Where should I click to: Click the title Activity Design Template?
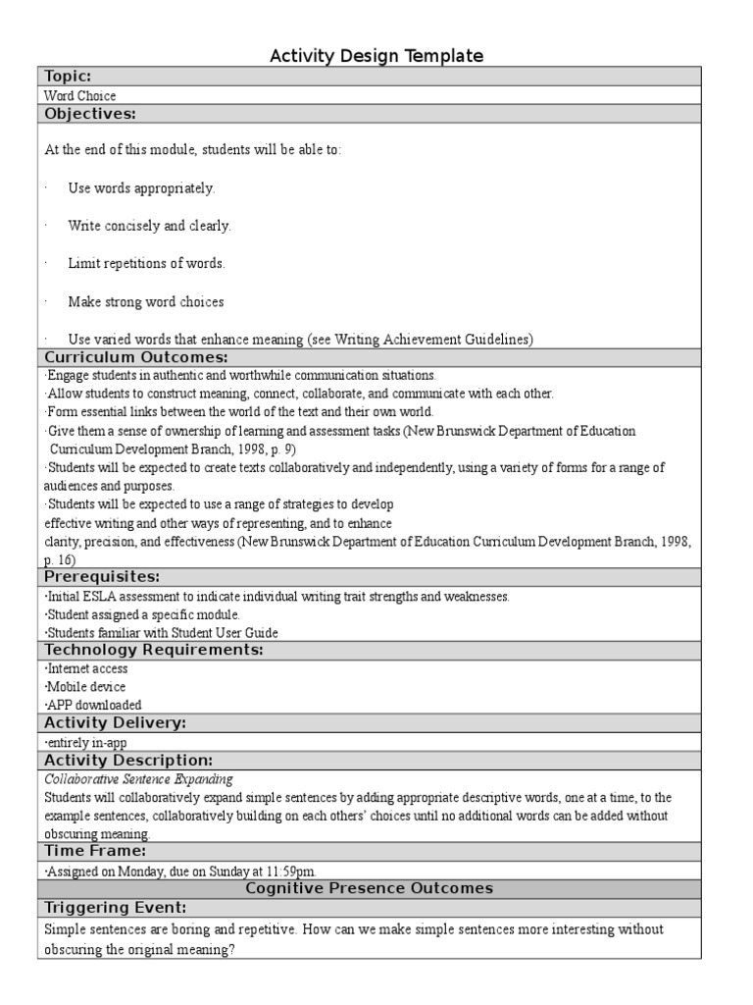[376, 56]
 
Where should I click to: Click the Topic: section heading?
[68, 77]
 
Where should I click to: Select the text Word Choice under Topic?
[80, 96]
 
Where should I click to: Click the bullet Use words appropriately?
[141, 187]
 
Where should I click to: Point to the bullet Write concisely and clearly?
[149, 226]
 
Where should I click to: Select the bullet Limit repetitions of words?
[146, 264]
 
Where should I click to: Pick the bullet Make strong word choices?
[146, 302]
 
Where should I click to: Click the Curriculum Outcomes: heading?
[135, 357]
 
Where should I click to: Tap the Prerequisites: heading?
[102, 576]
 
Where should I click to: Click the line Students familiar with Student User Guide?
[163, 632]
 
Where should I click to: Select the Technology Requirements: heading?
[154, 650]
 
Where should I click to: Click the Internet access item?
[87, 668]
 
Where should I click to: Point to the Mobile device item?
[86, 687]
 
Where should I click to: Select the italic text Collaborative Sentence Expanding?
[140, 778]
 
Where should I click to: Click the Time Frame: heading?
[95, 851]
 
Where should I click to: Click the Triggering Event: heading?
[116, 907]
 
